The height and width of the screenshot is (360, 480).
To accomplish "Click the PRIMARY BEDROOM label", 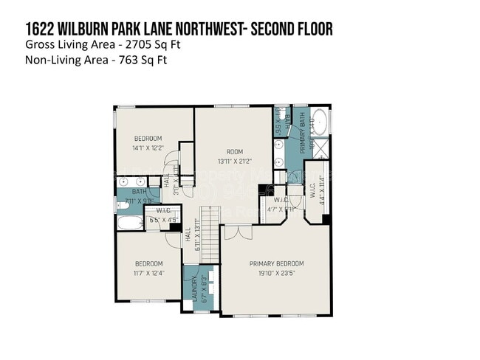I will click(276, 263).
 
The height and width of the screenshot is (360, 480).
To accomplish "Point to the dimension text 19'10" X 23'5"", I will click(276, 273).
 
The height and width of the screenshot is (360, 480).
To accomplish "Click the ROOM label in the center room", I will click(235, 151).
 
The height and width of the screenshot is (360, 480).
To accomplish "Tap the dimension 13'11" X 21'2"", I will click(235, 161).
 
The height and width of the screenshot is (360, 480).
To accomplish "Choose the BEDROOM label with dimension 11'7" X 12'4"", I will click(148, 264).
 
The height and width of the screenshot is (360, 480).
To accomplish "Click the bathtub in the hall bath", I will click(130, 223).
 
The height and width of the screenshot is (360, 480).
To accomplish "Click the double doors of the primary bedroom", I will click(238, 232).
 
